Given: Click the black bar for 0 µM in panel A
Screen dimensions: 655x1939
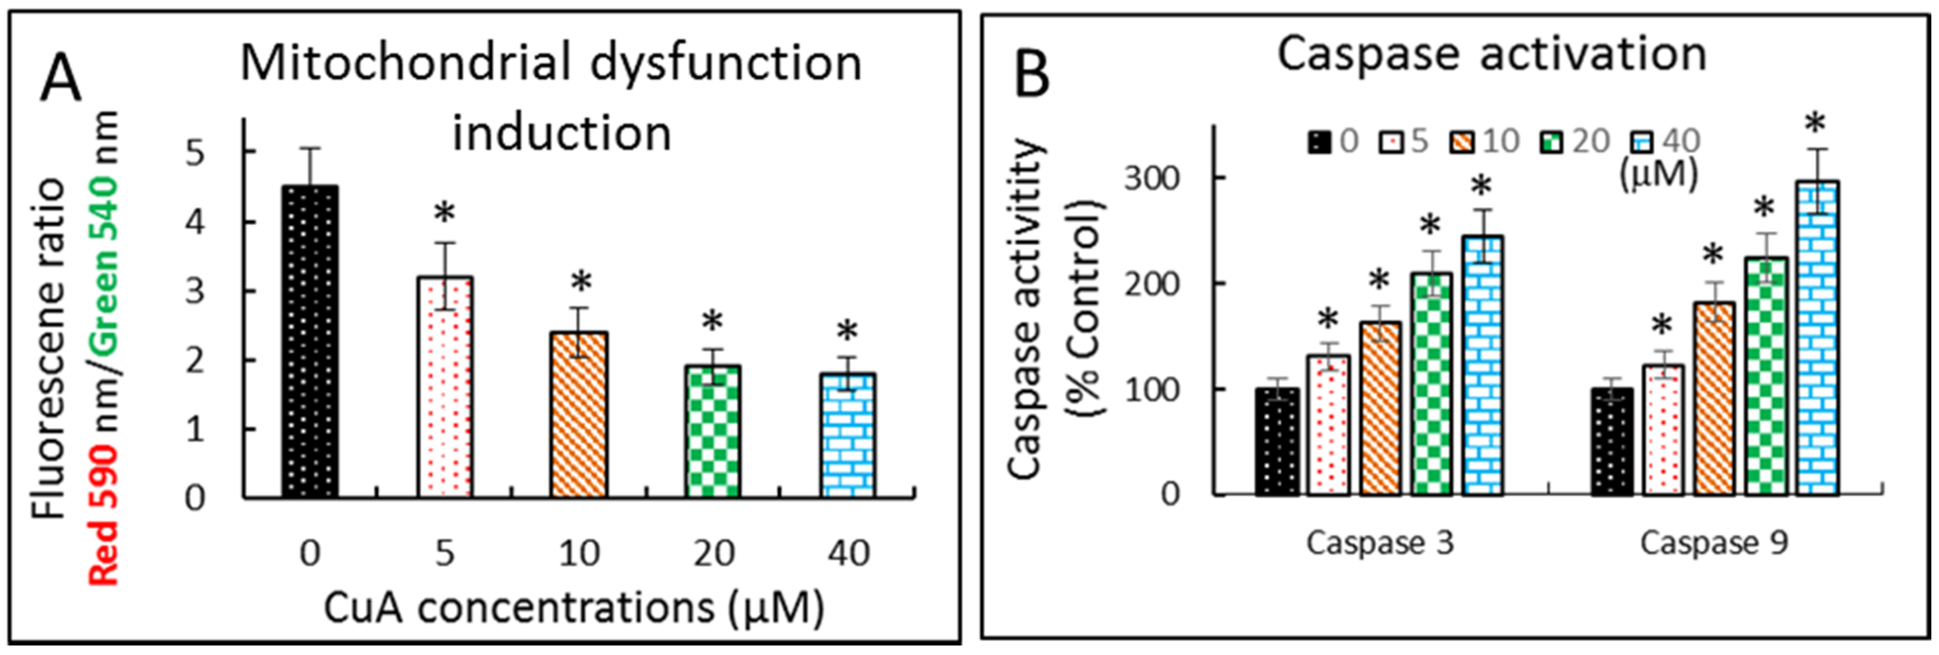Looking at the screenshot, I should (310, 343).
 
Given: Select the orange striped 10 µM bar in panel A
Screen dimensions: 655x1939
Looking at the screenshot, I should (579, 415).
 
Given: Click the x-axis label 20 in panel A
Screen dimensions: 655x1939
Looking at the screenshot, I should (713, 554).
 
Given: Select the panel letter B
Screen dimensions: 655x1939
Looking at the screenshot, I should (1032, 76).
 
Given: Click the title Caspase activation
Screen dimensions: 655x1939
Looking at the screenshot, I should (1491, 55).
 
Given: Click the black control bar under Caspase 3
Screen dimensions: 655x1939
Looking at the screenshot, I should (1278, 442).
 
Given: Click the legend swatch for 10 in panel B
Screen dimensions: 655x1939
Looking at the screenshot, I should (1461, 142).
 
